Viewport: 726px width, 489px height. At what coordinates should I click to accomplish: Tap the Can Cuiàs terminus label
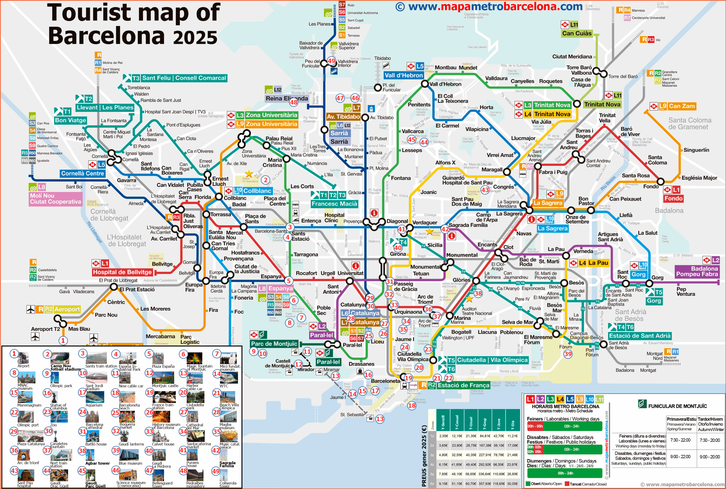pyautogui.click(x=576, y=33)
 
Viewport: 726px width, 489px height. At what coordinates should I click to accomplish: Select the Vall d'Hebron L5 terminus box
pyautogui.click(x=403, y=75)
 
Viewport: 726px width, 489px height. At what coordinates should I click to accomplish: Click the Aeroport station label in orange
pyautogui.click(x=67, y=309)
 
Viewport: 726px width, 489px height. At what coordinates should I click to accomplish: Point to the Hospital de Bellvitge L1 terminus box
pyautogui.click(x=122, y=272)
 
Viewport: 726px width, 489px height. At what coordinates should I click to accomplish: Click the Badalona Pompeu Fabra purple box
pyautogui.click(x=697, y=271)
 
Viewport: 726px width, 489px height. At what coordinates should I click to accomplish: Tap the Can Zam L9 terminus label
pyautogui.click(x=681, y=106)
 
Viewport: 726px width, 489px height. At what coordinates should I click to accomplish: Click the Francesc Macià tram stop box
pyautogui.click(x=334, y=204)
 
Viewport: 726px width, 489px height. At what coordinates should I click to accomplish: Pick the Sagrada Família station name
pyautogui.click(x=468, y=225)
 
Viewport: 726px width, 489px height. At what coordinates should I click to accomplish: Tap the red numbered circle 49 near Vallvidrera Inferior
pyautogui.click(x=331, y=61)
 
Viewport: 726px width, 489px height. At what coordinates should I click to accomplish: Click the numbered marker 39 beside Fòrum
pyautogui.click(x=568, y=354)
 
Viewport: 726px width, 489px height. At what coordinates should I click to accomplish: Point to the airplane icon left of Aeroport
pyautogui.click(x=31, y=309)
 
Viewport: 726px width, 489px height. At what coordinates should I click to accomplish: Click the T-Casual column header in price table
pyautogui.click(x=457, y=422)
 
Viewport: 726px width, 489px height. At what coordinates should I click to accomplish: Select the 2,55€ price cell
pyautogui.click(x=443, y=436)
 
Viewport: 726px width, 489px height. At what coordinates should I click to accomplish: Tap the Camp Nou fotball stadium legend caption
pyautogui.click(x=66, y=367)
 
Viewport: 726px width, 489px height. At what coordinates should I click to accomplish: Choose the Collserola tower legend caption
pyautogui.click(x=228, y=484)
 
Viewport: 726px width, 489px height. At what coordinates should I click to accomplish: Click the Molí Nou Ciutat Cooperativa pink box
pyautogui.click(x=55, y=199)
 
